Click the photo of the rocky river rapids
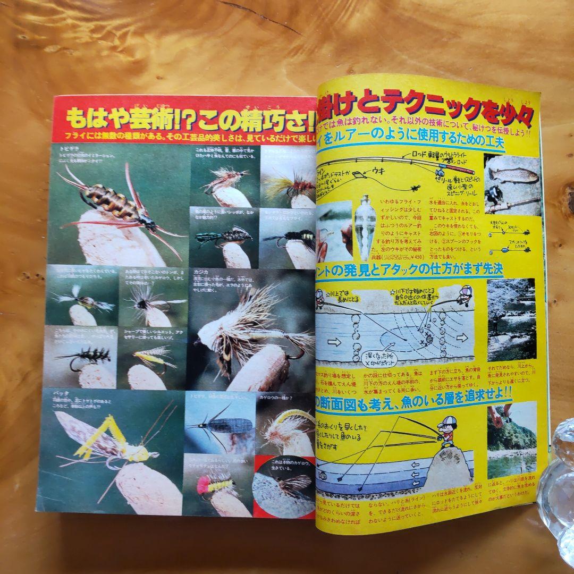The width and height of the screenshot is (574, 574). tap(511, 319)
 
